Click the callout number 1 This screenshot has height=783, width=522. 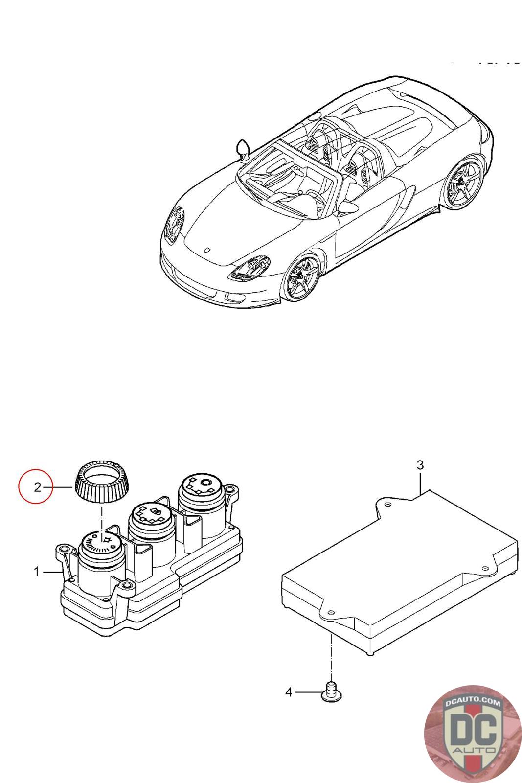coord(36,571)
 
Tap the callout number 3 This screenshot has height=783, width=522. coord(420,465)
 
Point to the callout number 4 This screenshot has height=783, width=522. coord(289,692)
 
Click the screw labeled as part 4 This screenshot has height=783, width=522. coord(331,691)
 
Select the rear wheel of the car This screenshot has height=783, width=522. coord(463,182)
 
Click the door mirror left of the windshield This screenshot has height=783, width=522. coord(243,148)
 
